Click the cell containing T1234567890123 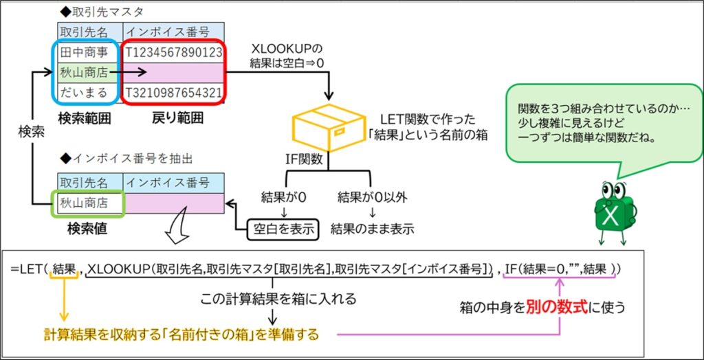pyautogui.click(x=173, y=52)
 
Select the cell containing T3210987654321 pyautogui.click(x=173, y=92)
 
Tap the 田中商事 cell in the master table pyautogui.click(x=83, y=52)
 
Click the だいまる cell pyautogui.click(x=83, y=92)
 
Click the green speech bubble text pyautogui.click(x=596, y=122)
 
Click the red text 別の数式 pyautogui.click(x=555, y=307)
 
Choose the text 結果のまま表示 pyautogui.click(x=372, y=229)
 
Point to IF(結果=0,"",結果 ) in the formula pyautogui.click(x=560, y=269)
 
